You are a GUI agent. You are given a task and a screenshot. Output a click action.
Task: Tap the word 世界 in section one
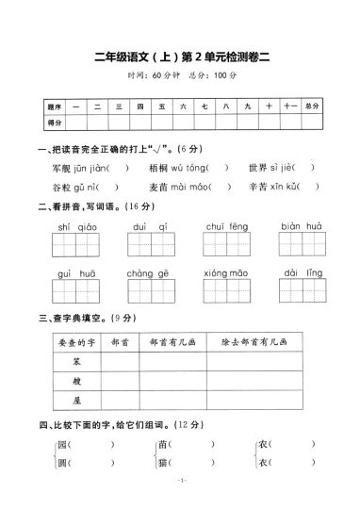(258, 169)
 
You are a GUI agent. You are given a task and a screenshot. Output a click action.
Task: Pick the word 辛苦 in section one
(258, 188)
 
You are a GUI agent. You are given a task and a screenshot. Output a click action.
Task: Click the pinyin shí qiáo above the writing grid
(72, 227)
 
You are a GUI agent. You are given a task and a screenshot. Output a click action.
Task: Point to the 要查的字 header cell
(65, 344)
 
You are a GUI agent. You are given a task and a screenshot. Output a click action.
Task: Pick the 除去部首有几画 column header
(267, 344)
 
